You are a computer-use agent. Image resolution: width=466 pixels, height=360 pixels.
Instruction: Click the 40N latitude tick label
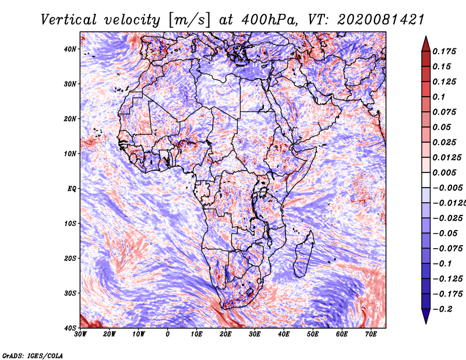click(x=70, y=49)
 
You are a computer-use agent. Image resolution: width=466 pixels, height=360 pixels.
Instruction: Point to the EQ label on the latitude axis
click(x=72, y=189)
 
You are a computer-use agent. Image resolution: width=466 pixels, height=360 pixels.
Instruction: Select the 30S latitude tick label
click(x=70, y=293)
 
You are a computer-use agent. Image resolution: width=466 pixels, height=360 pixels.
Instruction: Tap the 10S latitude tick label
click(x=70, y=223)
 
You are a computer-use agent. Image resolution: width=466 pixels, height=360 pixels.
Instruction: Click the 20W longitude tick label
click(x=110, y=334)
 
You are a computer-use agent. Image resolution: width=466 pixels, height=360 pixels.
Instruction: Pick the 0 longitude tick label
click(x=168, y=334)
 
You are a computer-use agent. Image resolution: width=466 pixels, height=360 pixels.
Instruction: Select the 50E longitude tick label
click(x=313, y=334)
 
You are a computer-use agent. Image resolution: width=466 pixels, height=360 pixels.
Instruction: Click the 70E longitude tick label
click(x=370, y=334)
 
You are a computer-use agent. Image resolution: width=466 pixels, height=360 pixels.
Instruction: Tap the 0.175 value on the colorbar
click(x=444, y=51)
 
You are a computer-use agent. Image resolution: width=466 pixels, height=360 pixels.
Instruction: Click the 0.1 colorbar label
click(x=439, y=97)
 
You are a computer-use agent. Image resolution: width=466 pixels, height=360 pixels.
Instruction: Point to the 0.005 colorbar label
click(x=444, y=172)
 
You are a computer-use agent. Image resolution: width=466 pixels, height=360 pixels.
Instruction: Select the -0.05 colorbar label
click(x=445, y=234)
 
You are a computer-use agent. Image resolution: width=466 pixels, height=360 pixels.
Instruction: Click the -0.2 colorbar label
click(x=443, y=309)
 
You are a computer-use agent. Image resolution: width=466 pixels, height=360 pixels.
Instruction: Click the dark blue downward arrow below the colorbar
click(x=426, y=316)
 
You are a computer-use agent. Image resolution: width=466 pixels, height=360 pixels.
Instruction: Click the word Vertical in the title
click(x=69, y=20)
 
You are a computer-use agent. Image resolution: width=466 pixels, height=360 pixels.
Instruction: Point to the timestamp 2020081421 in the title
click(x=381, y=20)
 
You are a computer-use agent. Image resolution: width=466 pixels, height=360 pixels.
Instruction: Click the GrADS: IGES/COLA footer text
click(x=33, y=355)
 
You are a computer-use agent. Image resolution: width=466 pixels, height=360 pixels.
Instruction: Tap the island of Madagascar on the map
click(x=304, y=253)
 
